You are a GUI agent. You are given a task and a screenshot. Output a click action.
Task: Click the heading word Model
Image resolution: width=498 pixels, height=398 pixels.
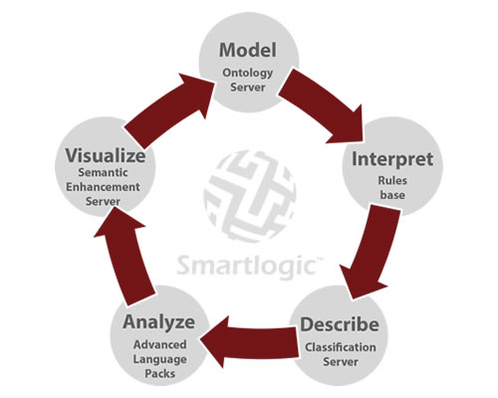point(248,50)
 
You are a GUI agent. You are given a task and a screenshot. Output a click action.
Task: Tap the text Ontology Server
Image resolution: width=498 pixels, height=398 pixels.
point(248,80)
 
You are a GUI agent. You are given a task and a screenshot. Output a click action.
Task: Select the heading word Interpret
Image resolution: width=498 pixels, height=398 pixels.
point(392,160)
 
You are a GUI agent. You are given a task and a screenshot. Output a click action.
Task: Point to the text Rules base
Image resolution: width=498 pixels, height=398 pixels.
point(392,188)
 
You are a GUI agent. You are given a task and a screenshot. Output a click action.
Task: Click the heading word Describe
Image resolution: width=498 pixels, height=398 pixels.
point(340,324)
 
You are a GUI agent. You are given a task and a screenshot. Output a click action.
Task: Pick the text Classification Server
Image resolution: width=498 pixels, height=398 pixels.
point(341,354)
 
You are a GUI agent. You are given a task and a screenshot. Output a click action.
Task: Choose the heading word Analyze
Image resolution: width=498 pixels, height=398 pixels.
point(159,322)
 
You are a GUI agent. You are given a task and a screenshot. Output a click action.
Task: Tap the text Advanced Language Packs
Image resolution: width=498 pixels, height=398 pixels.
point(159,359)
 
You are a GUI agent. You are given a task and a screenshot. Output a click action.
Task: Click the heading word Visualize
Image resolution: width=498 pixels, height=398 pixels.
point(106,156)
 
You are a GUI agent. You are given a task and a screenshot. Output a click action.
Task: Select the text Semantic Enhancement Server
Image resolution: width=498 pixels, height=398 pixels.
point(103,187)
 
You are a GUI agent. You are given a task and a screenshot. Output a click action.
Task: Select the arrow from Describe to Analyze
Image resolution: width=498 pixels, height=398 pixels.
point(252,342)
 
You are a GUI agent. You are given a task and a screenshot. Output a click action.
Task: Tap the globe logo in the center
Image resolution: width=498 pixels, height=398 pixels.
point(250,196)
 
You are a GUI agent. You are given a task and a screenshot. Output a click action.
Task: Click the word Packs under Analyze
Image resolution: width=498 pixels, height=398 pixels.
point(160,374)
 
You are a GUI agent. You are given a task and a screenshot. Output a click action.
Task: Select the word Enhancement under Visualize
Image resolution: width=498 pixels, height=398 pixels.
point(103,187)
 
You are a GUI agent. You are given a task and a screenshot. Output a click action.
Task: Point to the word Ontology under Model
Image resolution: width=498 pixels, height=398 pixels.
point(248,73)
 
